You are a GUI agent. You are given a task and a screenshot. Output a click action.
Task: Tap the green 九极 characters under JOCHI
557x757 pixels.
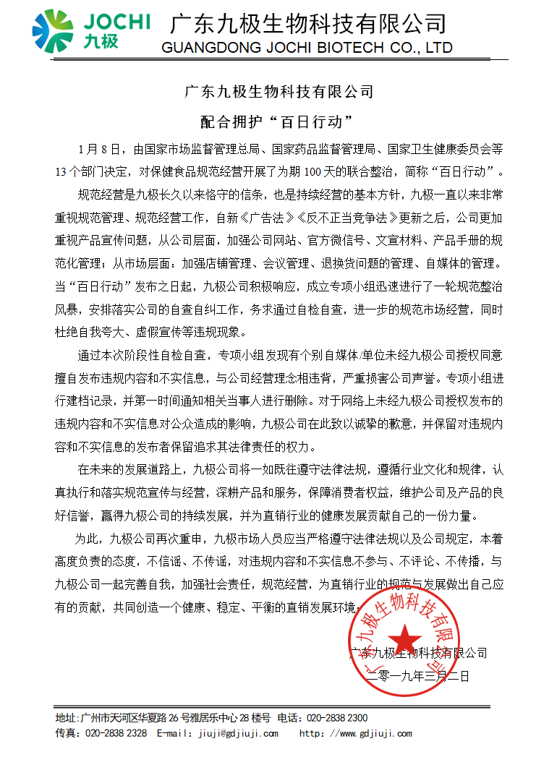click(100, 41)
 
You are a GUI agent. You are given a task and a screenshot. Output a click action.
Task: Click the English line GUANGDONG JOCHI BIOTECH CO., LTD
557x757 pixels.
click(307, 48)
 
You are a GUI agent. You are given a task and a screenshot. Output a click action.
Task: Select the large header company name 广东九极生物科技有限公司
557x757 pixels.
click(307, 23)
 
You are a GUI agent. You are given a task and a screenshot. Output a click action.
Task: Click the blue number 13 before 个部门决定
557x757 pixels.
click(59, 173)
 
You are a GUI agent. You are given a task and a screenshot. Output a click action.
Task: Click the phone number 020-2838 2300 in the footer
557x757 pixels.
click(337, 719)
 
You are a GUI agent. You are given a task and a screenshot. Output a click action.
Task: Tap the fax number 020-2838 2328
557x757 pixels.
click(116, 733)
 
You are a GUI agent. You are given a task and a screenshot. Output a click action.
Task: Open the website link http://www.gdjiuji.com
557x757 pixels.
click(356, 733)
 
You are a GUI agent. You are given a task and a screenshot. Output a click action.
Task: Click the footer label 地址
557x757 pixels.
click(66, 719)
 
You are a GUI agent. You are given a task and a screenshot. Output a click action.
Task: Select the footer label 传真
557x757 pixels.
click(66, 733)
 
